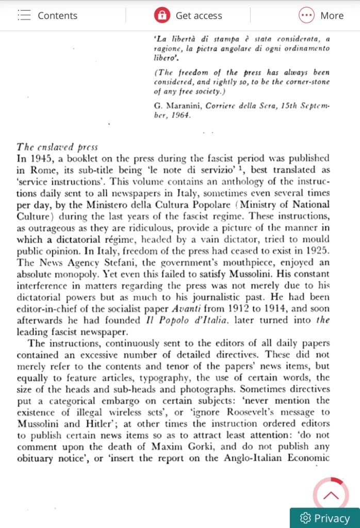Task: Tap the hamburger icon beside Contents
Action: point(24,15)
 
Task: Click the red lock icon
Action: point(162,15)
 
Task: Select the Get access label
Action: point(199,15)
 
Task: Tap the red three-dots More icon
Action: point(306,15)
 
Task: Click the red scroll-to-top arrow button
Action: point(331,496)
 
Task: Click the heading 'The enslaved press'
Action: point(57,147)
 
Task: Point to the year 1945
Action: point(40,158)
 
